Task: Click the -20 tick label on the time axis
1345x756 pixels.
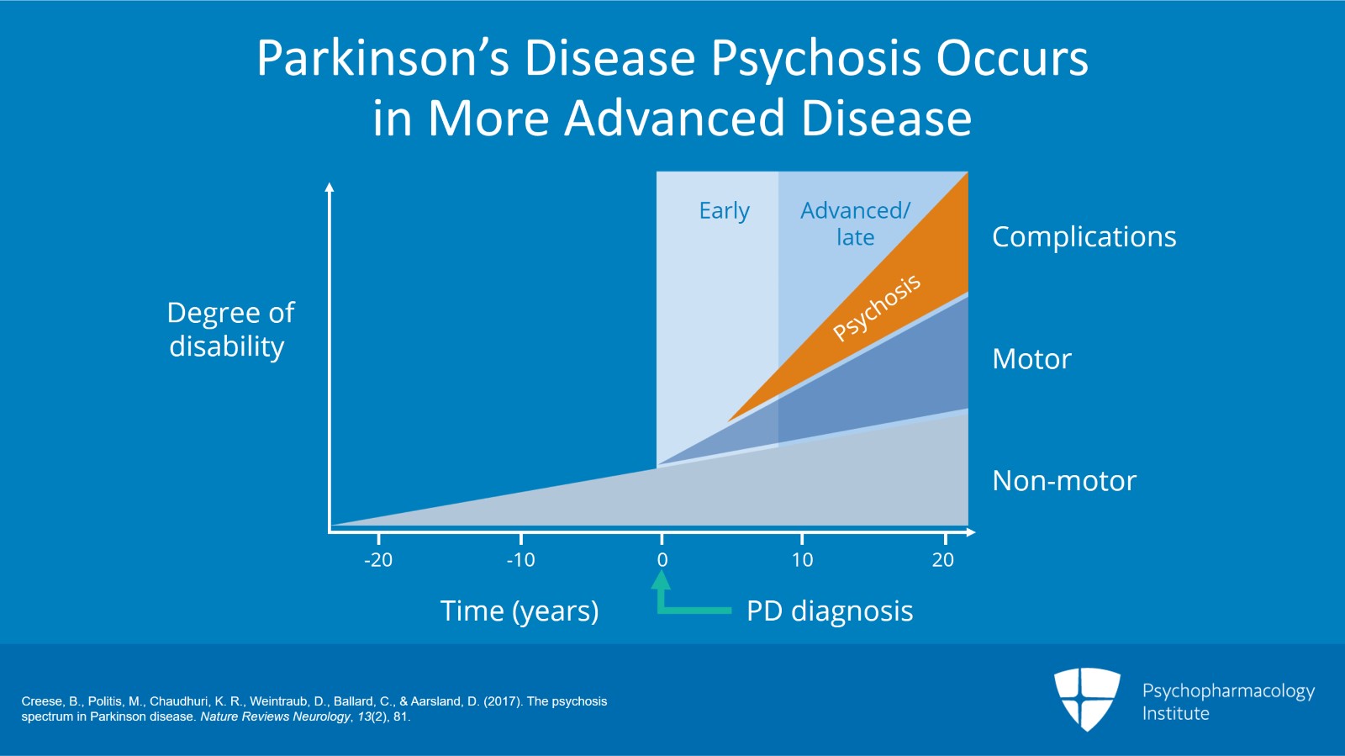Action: (x=378, y=560)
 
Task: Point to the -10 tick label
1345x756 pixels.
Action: (x=520, y=560)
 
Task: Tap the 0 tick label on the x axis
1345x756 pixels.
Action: (x=662, y=560)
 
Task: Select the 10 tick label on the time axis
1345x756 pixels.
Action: (x=802, y=560)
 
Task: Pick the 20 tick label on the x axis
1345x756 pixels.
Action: (x=943, y=560)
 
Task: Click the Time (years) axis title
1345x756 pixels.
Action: (x=520, y=611)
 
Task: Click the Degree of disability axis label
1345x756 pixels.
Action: (x=229, y=330)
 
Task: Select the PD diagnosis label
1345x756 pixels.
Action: (x=829, y=611)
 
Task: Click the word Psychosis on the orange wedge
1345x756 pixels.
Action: (x=877, y=308)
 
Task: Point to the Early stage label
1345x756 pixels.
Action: (x=724, y=211)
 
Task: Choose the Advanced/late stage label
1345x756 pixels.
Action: (x=855, y=224)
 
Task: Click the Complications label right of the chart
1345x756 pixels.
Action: (x=1084, y=237)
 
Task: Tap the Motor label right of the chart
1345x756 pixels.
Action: (x=1031, y=359)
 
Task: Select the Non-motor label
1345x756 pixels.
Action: (x=1063, y=481)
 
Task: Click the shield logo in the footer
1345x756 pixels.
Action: (x=1087, y=698)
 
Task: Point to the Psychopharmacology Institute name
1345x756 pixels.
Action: (x=1227, y=702)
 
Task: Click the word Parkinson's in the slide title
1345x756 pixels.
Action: (x=383, y=59)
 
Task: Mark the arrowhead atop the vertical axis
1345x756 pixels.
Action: (x=330, y=188)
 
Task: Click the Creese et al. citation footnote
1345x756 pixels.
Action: (x=314, y=709)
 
